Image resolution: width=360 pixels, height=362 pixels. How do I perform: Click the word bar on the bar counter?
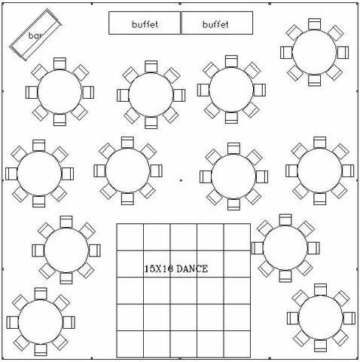tap(35, 35)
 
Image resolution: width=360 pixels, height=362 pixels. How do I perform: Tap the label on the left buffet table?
tap(145, 24)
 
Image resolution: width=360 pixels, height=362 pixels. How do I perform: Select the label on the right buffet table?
tap(215, 24)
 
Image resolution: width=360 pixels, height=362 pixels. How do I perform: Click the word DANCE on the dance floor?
tap(192, 269)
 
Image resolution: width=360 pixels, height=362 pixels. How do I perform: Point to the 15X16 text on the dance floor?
tap(159, 269)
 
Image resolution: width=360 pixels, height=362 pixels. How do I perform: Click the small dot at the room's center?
tap(181, 180)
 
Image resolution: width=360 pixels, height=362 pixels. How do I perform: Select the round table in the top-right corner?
tap(314, 52)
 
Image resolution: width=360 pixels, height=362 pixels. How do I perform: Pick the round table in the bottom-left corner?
tap(41, 322)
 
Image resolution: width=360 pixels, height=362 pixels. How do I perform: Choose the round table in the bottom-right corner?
tap(321, 318)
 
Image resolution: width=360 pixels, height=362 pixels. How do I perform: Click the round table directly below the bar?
tap(59, 92)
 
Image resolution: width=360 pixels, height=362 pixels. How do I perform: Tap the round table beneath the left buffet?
tap(151, 95)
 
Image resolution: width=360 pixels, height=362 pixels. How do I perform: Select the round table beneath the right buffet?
tap(231, 90)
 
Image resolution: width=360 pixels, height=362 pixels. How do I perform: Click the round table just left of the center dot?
tap(127, 170)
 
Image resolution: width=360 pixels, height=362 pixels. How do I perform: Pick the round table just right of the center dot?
tap(233, 176)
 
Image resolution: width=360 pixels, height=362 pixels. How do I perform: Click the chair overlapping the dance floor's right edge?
tap(257, 248)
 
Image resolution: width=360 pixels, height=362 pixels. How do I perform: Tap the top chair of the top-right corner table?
tap(314, 24)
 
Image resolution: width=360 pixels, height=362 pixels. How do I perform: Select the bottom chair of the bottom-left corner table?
tap(41, 350)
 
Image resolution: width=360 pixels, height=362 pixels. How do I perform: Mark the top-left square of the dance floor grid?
tap(130, 237)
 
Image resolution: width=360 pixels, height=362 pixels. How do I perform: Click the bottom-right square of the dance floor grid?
tap(237, 344)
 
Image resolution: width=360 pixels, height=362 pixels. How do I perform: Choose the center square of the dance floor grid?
tap(184, 290)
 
